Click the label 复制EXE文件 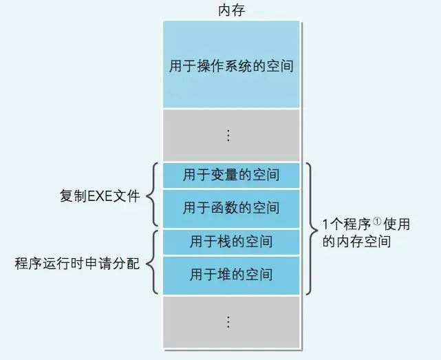pyautogui.click(x=100, y=196)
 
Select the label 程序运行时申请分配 pyautogui.click(x=77, y=264)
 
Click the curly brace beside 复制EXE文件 pyautogui.click(x=153, y=195)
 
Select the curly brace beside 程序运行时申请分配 pyautogui.click(x=153, y=262)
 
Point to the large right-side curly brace pyautogui.click(x=311, y=229)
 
